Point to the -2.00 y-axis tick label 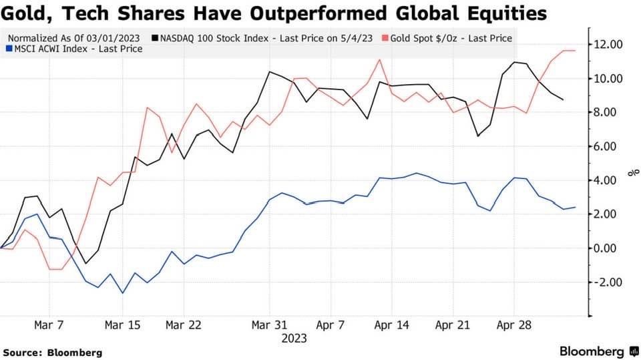tap(609, 283)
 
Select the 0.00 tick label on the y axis tap(610, 248)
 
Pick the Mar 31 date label tap(269, 325)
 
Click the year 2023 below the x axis tap(294, 339)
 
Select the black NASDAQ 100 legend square tap(156, 38)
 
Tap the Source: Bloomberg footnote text tap(53, 352)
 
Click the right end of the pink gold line tap(576, 51)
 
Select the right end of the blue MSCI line tap(576, 207)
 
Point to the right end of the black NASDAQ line tap(563, 100)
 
